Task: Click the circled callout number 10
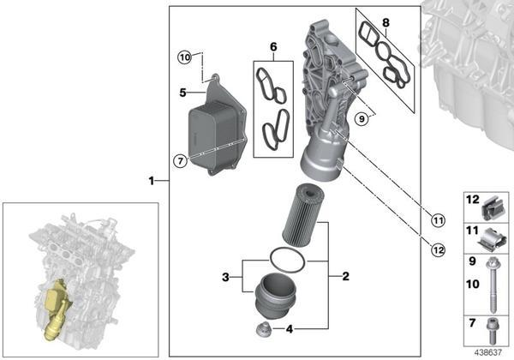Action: [185, 57]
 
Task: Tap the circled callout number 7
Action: [180, 161]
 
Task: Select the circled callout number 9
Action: [362, 118]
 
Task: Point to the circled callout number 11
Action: [438, 220]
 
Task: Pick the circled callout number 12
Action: [439, 250]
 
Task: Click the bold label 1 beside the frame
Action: [152, 181]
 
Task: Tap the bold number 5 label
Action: [183, 93]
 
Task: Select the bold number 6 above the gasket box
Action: [273, 47]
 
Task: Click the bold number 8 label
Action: [385, 22]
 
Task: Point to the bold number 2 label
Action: [345, 276]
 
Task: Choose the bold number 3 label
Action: [225, 277]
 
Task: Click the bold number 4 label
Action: [290, 329]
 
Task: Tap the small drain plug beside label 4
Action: [263, 329]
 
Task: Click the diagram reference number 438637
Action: [488, 353]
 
